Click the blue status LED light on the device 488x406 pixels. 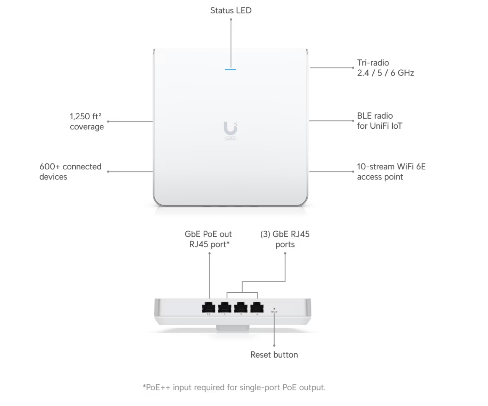[230, 69]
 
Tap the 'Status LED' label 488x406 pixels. [231, 10]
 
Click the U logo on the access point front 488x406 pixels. [230, 128]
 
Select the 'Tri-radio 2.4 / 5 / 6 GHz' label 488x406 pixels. [385, 68]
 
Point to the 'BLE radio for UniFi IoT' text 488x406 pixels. [379, 121]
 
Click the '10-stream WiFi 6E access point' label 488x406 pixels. [391, 172]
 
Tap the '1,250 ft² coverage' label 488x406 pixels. [87, 121]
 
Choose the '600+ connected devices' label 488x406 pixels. [70, 172]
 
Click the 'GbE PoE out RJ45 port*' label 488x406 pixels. [208, 239]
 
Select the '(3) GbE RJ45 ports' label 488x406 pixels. [285, 239]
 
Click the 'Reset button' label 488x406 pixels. [274, 355]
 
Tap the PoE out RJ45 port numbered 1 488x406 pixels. [208, 307]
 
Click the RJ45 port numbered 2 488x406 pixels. [225, 307]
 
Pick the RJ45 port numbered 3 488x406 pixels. [241, 307]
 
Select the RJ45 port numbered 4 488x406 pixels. [257, 307]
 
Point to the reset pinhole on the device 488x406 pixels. [274, 309]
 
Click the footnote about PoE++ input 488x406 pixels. [234, 387]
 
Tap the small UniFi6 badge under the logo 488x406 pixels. [230, 138]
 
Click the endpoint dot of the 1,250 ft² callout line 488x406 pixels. [108, 121]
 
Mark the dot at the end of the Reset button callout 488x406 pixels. [274, 345]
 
